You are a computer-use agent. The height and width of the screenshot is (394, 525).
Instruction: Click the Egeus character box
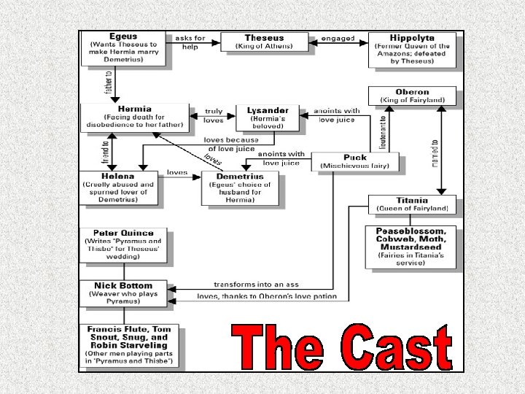tap(124, 49)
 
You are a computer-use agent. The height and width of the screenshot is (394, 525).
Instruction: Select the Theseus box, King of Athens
tap(264, 42)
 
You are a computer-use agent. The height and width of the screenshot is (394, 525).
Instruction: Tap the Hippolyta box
tap(413, 50)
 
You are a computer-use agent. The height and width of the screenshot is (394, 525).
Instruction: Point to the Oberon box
tap(412, 96)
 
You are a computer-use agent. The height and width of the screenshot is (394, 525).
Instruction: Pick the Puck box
tap(355, 161)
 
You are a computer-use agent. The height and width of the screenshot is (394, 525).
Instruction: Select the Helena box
tap(118, 188)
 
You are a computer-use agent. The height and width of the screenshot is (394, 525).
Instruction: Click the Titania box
tap(412, 204)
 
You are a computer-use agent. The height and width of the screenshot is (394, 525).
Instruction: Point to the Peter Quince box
tap(122, 245)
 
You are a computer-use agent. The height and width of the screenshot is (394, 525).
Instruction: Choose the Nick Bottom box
tap(122, 293)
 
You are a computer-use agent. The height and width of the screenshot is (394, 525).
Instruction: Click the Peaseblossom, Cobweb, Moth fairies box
tap(410, 247)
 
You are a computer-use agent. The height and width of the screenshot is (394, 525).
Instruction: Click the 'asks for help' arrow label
tap(190, 42)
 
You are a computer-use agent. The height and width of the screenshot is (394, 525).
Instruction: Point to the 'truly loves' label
tap(213, 115)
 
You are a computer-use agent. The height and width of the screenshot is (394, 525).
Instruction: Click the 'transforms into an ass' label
tap(256, 284)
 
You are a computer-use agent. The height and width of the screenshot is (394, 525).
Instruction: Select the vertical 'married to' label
tap(435, 153)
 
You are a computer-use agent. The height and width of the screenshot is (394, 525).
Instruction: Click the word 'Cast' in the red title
tap(397, 348)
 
